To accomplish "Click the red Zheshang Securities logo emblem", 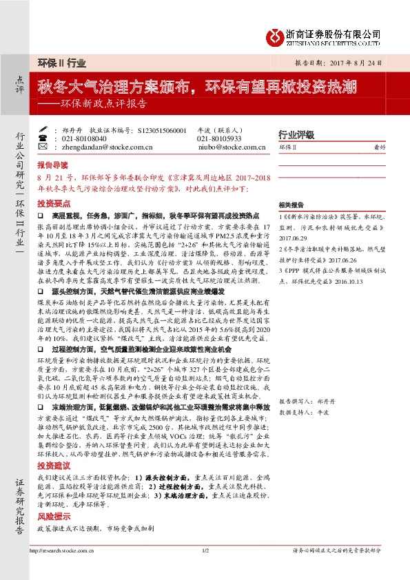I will tap(276, 34).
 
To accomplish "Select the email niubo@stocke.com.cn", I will tap(223, 147).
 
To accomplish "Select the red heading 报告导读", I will tap(52, 166).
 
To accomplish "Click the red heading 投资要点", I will tap(52, 205).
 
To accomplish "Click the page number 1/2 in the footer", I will tap(205, 570).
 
